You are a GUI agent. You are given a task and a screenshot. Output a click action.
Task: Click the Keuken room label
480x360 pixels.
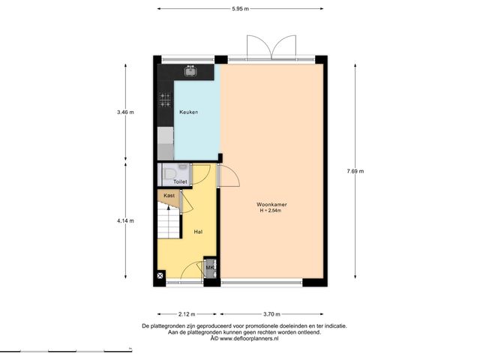pos(188,112)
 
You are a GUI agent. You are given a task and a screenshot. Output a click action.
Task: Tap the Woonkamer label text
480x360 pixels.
pos(271,205)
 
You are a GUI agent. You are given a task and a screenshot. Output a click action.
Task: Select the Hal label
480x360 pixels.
pos(198,232)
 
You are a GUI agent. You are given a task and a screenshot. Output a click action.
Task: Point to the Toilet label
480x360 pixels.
pos(180,181)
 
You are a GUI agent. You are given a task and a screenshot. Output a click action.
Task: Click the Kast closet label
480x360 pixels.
pos(169,195)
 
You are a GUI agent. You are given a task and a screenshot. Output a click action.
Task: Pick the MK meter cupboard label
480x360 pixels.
pos(210,268)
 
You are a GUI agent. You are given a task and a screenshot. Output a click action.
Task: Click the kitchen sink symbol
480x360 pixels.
pos(190,71)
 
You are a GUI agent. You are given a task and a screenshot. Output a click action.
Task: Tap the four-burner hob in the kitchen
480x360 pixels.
pos(165,100)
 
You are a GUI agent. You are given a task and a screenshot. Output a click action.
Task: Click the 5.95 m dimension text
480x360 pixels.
pos(240,9)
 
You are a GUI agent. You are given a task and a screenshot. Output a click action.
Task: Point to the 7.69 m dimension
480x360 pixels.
pos(355,172)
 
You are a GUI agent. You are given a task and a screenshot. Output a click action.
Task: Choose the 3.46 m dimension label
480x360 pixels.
pos(125,112)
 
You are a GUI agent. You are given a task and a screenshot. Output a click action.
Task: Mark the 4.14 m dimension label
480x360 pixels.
pos(125,220)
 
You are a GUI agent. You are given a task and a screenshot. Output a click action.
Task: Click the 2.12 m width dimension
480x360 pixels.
pos(187,314)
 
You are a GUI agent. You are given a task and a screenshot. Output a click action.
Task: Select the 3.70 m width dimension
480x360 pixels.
pos(271,314)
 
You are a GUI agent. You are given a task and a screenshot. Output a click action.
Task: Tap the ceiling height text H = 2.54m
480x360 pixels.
pos(271,210)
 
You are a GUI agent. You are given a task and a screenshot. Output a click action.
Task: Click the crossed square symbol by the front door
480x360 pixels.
pos(160,276)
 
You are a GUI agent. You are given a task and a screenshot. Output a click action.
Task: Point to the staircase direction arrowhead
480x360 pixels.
pos(168,208)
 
